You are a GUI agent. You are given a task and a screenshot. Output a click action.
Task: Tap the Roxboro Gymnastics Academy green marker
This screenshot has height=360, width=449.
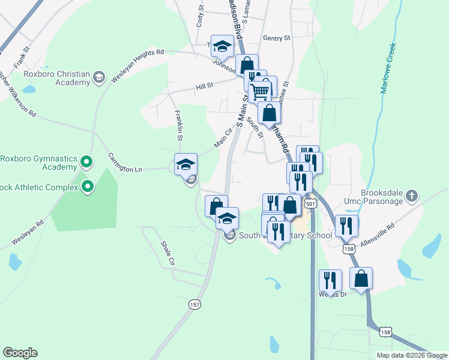86,162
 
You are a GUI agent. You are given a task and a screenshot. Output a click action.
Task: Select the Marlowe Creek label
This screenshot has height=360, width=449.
388,68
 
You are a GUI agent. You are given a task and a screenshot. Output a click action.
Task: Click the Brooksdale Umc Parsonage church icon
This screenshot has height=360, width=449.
411,196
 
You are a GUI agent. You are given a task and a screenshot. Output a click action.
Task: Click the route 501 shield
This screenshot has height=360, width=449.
310,204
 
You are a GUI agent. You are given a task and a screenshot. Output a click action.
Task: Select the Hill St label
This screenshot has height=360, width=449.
205,88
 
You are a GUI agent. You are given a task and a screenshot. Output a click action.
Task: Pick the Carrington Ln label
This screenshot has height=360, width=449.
124,162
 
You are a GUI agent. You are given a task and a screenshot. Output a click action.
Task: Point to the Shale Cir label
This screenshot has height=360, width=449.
167,253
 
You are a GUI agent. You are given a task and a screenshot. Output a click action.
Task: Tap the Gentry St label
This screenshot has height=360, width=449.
276,38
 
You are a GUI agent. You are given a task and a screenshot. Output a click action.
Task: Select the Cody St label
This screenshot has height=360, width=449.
200,17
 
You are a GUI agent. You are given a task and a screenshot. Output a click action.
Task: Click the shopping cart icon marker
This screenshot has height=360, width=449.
260,92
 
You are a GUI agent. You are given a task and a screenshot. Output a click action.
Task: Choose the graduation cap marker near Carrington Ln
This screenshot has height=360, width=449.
185,163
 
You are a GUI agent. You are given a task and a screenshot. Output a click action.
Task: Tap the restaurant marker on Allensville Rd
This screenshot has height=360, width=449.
346,225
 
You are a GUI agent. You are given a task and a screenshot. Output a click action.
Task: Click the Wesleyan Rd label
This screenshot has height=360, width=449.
27,233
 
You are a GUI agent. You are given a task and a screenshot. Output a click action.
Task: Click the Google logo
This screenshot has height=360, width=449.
20,353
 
